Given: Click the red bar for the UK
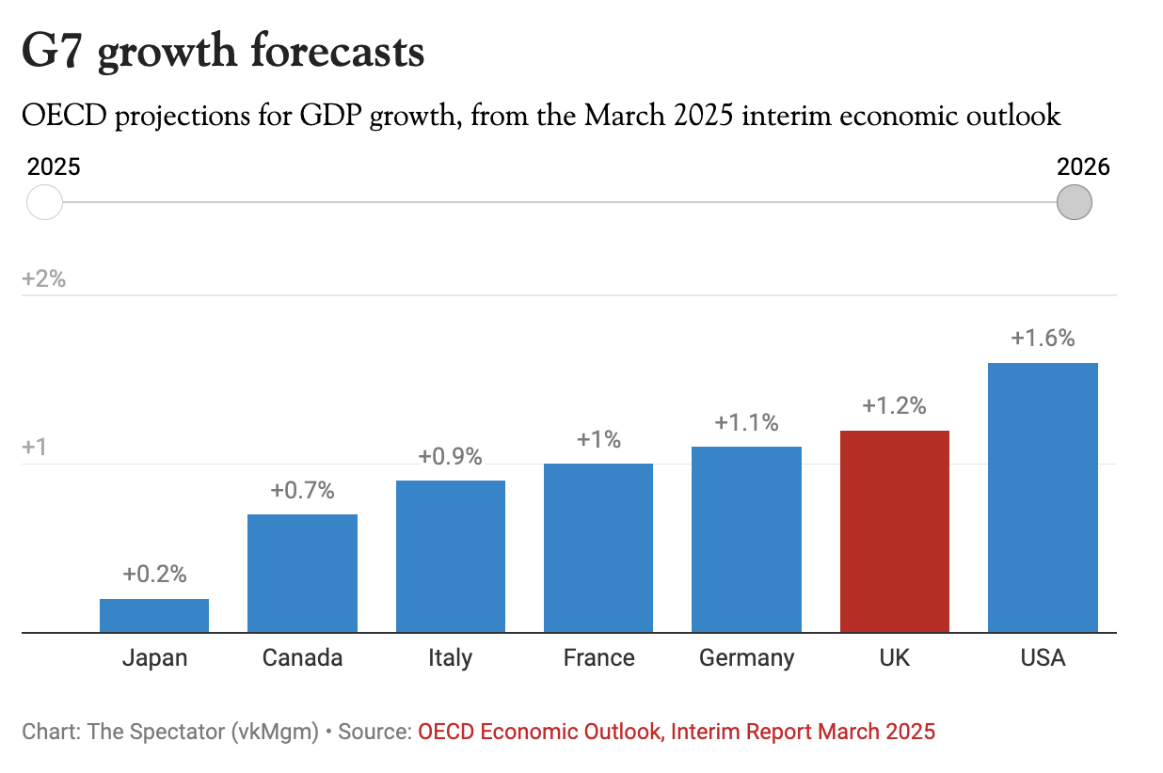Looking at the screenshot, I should click(x=894, y=531).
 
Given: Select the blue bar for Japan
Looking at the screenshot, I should click(x=154, y=615).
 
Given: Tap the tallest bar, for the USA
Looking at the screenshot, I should click(x=1043, y=497).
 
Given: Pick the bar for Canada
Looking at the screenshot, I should click(x=302, y=573).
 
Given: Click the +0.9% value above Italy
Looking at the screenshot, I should click(x=450, y=457).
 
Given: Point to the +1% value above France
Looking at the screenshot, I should click(x=598, y=439).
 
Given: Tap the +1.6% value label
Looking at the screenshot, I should click(x=1043, y=339).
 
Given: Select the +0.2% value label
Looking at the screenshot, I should click(x=154, y=574).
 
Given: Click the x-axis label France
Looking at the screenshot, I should click(x=598, y=657).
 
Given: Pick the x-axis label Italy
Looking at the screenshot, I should click(x=450, y=657).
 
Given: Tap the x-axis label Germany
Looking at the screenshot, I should click(x=746, y=657).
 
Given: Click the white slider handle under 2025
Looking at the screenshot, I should click(x=44, y=202).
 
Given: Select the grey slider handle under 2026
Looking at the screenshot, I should click(x=1074, y=202).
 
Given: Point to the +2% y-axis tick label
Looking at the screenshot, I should click(x=43, y=278).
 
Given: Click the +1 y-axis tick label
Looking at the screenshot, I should click(x=35, y=447).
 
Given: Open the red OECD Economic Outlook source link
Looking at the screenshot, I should click(x=677, y=732).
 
